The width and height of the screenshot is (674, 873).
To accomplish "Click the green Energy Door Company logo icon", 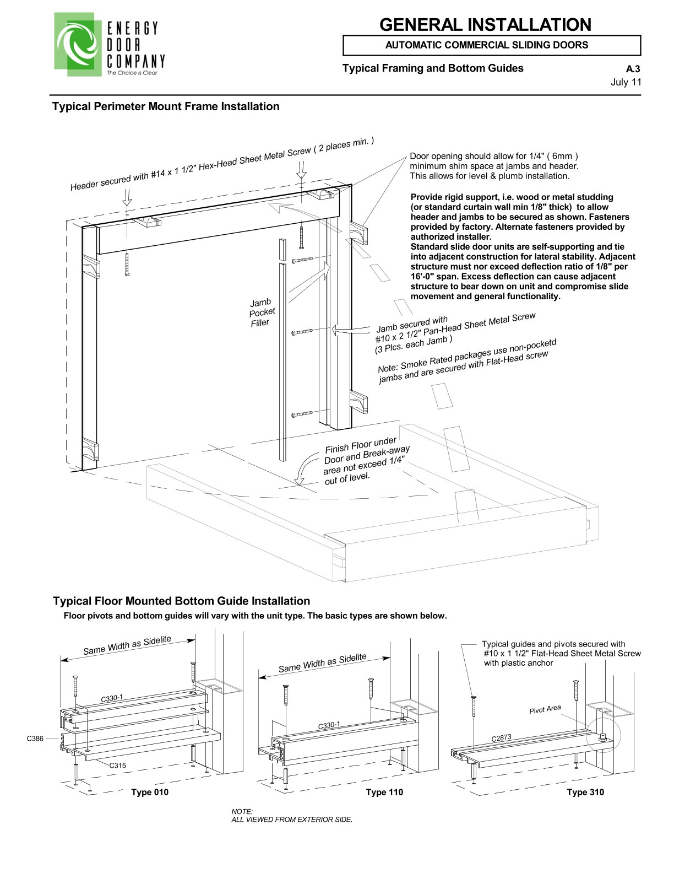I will [77, 44].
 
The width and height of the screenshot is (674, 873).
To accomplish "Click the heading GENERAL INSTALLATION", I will [485, 25].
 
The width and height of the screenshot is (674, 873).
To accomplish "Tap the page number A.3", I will [633, 69].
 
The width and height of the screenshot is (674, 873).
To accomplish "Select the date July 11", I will [626, 83].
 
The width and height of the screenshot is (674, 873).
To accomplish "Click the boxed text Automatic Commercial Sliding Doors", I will [486, 45].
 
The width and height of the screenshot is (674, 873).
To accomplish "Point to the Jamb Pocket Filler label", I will [262, 312].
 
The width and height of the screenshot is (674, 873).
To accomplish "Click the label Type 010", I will [150, 792].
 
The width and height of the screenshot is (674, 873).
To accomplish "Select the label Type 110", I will [384, 792].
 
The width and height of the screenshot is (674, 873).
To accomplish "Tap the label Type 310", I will [585, 792].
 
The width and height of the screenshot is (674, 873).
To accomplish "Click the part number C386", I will [35, 739].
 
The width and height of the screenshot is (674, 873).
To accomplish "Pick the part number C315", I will [117, 765].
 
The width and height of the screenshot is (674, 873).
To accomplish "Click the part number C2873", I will [501, 737].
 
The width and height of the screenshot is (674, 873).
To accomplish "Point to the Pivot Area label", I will [545, 709].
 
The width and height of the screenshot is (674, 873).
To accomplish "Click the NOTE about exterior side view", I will [291, 816].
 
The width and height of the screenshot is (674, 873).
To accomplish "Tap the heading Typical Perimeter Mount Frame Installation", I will [166, 106].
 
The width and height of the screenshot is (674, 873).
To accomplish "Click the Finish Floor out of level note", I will [366, 461].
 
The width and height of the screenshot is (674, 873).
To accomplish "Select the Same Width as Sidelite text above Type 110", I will [322, 663].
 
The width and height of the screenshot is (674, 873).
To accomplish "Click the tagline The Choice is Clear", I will [132, 73].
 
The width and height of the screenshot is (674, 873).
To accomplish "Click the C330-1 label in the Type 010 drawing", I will [112, 698].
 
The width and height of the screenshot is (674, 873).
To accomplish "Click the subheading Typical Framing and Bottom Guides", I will [433, 68].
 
